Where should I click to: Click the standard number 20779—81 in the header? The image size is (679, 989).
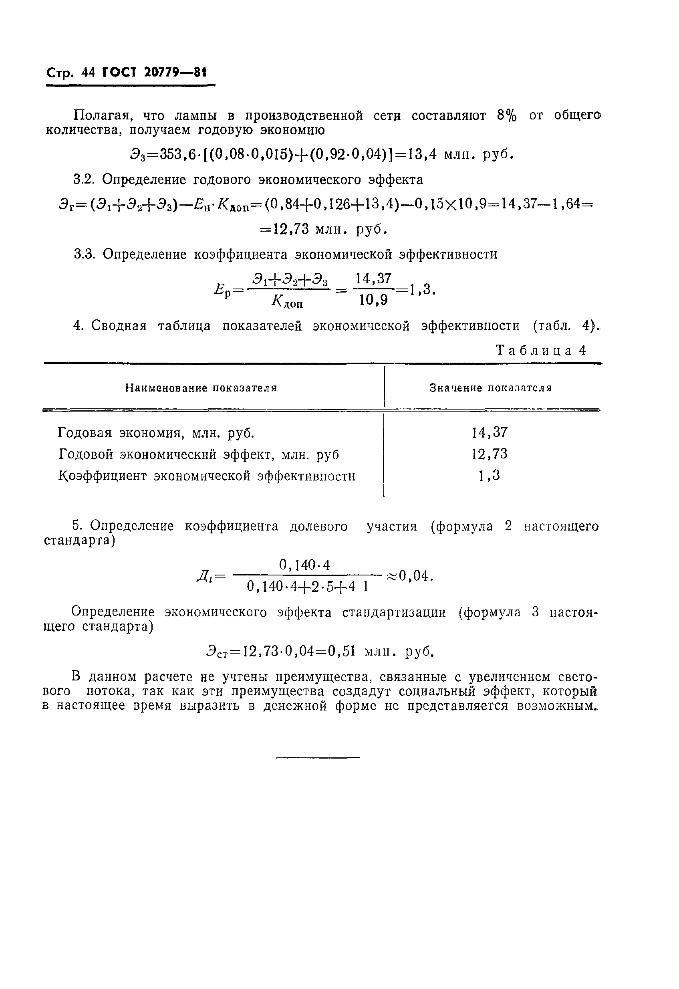click(175, 73)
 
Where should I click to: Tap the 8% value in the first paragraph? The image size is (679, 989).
click(507, 115)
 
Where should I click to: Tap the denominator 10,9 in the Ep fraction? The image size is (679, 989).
click(373, 301)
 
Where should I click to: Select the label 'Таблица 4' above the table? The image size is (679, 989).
click(542, 350)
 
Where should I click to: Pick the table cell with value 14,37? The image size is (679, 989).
click(490, 433)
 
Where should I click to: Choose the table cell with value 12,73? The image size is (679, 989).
click(490, 454)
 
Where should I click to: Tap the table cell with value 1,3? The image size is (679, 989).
click(490, 475)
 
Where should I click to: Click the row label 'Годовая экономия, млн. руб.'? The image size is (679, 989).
click(156, 433)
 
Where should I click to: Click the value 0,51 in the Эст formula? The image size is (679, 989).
click(341, 652)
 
